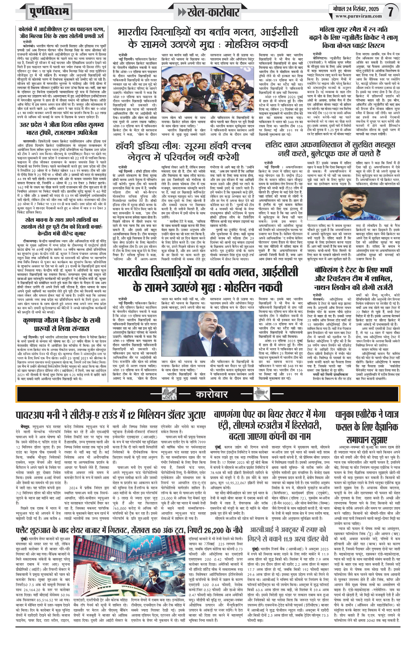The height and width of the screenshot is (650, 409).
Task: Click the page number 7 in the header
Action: pyautogui.click(x=391, y=12)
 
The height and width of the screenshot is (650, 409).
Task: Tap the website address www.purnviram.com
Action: pyautogui.click(x=358, y=16)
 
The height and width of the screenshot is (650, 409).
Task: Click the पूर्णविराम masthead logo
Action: pyautogui.click(x=49, y=12)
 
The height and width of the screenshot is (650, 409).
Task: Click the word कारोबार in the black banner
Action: pyautogui.click(x=212, y=394)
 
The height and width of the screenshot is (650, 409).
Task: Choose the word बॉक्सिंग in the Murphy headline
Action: pyautogui.click(x=330, y=270)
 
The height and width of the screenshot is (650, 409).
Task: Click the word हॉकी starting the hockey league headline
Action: pyautogui.click(x=126, y=146)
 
